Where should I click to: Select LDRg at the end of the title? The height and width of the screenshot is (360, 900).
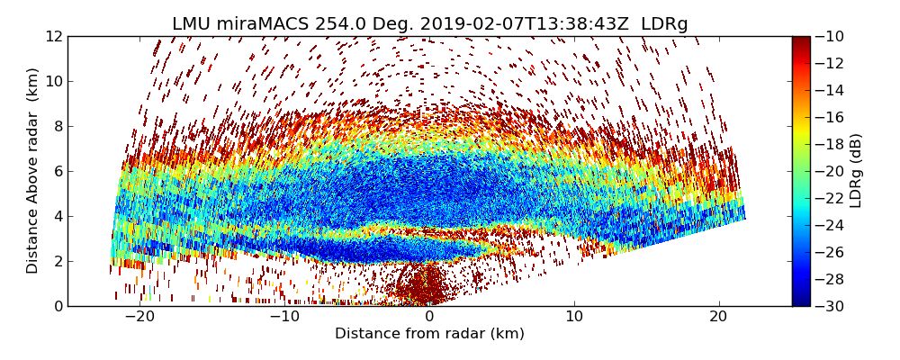coord(664,24)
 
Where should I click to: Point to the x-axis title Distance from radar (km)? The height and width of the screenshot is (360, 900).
coord(429,334)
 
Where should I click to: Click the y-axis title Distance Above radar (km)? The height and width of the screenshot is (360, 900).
coord(33,171)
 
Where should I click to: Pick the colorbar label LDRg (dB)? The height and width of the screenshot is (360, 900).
coord(856,171)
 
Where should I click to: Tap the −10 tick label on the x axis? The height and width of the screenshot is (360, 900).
coord(284,317)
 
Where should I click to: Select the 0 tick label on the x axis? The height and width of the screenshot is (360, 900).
coord(429,317)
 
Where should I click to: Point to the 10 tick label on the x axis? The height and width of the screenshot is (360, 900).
coord(574,317)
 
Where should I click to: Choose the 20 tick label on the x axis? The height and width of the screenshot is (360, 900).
coord(718,317)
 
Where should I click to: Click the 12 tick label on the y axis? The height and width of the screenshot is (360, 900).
coord(54,36)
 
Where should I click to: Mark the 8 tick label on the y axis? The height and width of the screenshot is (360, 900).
coord(58,126)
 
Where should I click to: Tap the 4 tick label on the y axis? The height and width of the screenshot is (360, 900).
coord(58,216)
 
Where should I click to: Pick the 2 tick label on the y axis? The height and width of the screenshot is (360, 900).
coord(58,261)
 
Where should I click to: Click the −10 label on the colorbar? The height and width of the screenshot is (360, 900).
coord(832,36)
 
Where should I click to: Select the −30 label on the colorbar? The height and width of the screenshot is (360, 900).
coord(832,306)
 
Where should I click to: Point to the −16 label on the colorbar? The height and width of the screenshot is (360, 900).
coord(832,117)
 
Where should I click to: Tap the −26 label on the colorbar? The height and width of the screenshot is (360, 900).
coord(832,252)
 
